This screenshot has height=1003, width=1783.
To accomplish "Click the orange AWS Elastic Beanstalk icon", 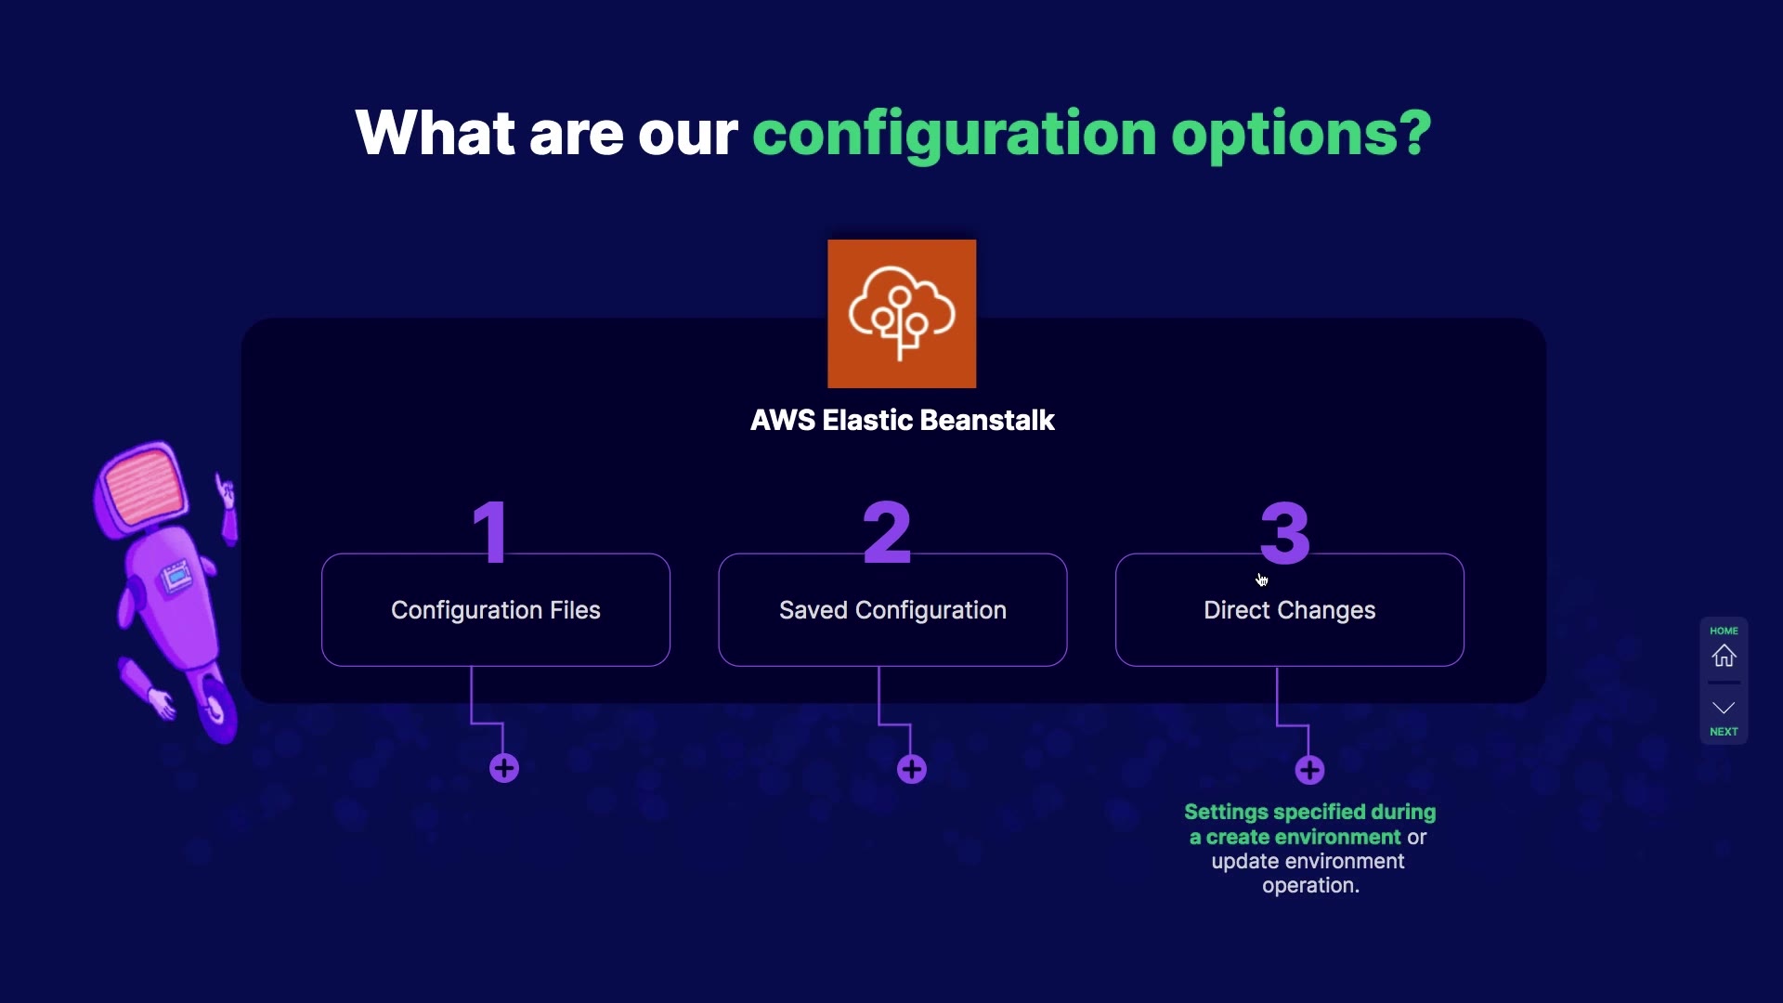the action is [902, 314].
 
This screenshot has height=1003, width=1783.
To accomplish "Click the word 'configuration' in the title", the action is [955, 135].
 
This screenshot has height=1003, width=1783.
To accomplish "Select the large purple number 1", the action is [490, 531].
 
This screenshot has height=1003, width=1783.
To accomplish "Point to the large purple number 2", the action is [887, 531].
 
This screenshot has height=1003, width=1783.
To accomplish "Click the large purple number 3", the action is [1285, 532].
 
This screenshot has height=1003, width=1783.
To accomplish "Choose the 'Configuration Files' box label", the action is [496, 610].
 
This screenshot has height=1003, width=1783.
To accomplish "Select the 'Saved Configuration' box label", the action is [892, 610].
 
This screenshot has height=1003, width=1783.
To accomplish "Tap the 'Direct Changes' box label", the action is [1290, 610].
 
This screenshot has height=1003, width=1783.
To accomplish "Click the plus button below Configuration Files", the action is [504, 769].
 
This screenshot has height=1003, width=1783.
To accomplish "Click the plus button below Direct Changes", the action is [1309, 770].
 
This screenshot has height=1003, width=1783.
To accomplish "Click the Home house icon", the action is [1724, 656].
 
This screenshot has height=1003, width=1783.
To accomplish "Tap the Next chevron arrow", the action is [1724, 708].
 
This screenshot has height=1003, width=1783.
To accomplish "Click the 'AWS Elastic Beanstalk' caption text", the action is [903, 421].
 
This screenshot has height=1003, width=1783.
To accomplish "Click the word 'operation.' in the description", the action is [1310, 886].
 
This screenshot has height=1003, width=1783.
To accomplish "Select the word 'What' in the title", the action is [436, 133].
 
